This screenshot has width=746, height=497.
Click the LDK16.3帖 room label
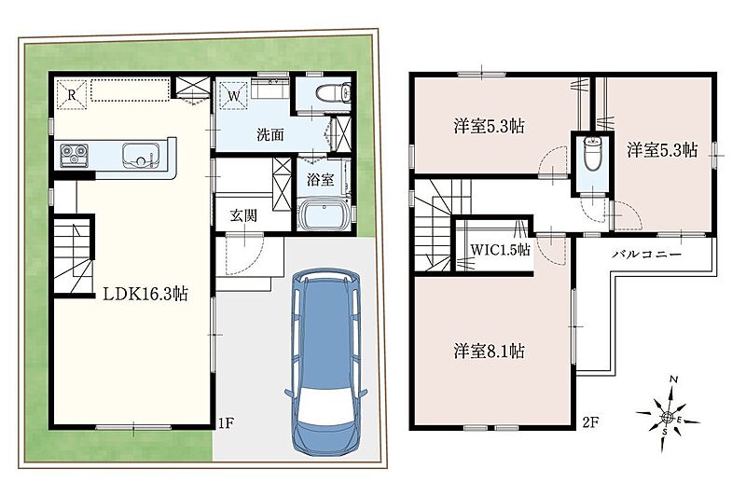(x=145, y=294)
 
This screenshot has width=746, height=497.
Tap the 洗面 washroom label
(x=270, y=134)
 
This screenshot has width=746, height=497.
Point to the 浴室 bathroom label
(x=320, y=179)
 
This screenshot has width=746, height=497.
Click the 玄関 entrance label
(x=243, y=215)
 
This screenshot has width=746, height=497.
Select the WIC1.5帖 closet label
(x=500, y=249)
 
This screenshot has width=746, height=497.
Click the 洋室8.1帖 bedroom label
(x=489, y=351)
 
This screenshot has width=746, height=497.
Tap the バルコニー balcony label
(x=646, y=254)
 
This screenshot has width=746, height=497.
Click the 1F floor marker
(x=226, y=422)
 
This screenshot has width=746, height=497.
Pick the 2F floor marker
(x=590, y=422)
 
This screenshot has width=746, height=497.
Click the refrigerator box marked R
(x=72, y=94)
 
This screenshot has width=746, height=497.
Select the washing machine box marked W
(x=233, y=95)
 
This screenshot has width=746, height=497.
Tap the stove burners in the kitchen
(x=75, y=155)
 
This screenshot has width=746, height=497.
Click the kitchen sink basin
(x=141, y=155)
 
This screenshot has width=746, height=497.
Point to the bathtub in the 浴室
(x=325, y=214)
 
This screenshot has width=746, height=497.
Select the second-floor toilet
(x=592, y=153)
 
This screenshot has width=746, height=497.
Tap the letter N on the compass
(x=673, y=380)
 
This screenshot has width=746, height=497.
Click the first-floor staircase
(x=73, y=256)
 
